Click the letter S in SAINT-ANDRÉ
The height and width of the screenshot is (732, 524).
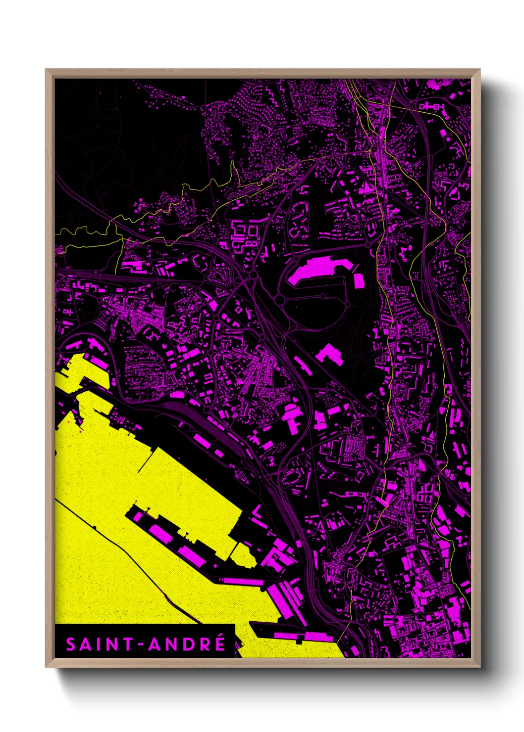pyautogui.click(x=71, y=644)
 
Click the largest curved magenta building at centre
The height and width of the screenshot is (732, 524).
pyautogui.click(x=315, y=270)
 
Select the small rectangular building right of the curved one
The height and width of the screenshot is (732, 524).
pyautogui.click(x=359, y=280)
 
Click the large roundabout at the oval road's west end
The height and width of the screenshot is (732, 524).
pyautogui.click(x=279, y=300)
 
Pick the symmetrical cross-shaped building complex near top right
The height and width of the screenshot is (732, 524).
pyautogui.click(x=429, y=105)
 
